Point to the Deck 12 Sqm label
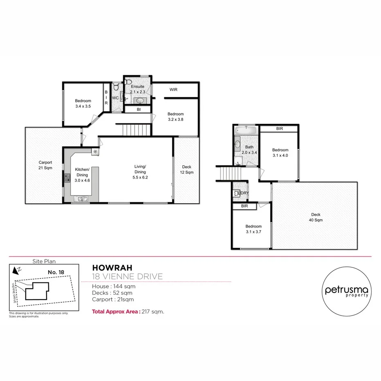186,170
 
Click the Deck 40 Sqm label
315,217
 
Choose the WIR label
173,90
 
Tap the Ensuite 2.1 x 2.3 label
138,90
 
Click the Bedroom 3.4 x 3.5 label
83,104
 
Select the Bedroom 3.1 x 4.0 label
280,152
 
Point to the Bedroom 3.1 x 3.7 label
253,229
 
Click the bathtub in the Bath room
246,130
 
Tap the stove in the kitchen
67,178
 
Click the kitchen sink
82,199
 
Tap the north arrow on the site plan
16,270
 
